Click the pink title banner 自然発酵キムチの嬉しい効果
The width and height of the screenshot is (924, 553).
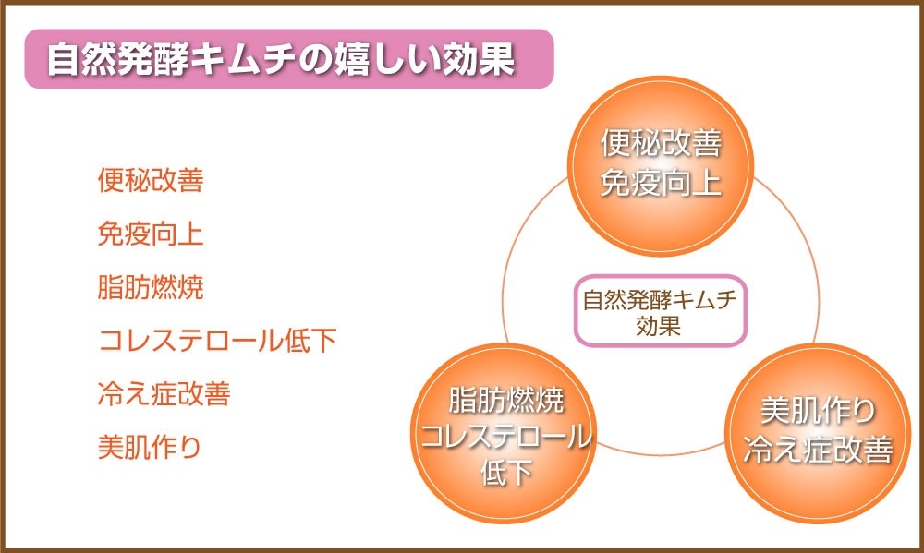coord(288,59)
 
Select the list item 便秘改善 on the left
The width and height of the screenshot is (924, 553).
coord(151,180)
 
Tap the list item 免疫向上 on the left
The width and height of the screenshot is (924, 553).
coord(151,234)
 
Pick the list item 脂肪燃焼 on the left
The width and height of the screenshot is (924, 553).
coord(151,287)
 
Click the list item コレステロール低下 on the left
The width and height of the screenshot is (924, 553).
coord(217,341)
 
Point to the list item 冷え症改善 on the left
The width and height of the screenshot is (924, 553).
coord(164,394)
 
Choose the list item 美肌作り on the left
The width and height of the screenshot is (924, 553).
coord(149,448)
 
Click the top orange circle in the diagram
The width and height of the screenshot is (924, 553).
coord(661,165)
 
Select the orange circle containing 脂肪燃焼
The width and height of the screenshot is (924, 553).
coord(504,434)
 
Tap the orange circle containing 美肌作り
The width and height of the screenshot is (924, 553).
coord(818,434)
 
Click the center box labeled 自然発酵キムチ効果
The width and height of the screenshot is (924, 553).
coord(661,310)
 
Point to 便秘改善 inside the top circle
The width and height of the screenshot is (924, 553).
coord(661,144)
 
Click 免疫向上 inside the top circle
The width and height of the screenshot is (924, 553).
coord(661,183)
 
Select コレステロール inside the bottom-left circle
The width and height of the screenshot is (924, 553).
coord(505,437)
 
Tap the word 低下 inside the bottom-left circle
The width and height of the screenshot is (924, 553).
coord(505,473)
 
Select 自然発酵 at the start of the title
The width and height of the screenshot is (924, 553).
coord(118,59)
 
